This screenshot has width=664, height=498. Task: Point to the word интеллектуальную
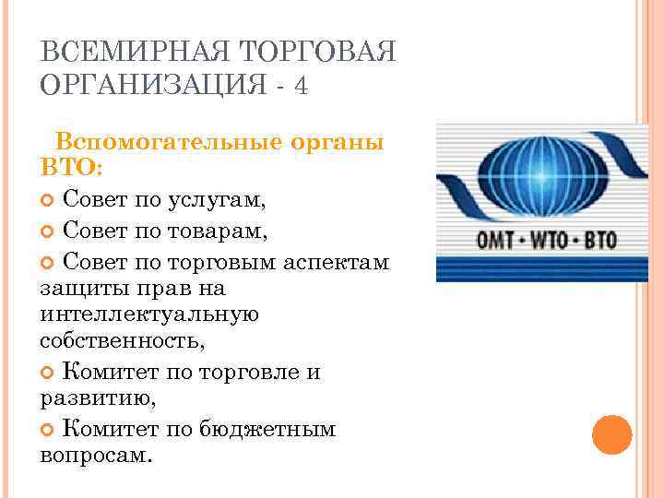(149, 314)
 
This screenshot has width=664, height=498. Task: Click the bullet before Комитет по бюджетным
(48, 429)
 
